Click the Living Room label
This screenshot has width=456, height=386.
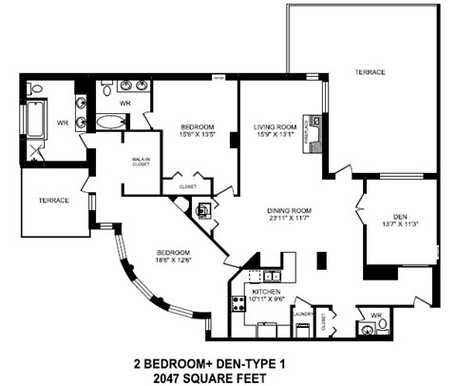[275, 126]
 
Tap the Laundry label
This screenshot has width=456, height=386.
[302, 312]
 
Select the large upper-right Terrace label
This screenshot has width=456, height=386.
[370, 72]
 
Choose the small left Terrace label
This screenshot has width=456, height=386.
[53, 201]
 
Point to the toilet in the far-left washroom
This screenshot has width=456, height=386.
[36, 88]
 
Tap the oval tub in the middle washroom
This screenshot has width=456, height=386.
[110, 123]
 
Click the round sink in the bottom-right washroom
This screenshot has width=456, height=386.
[366, 330]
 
